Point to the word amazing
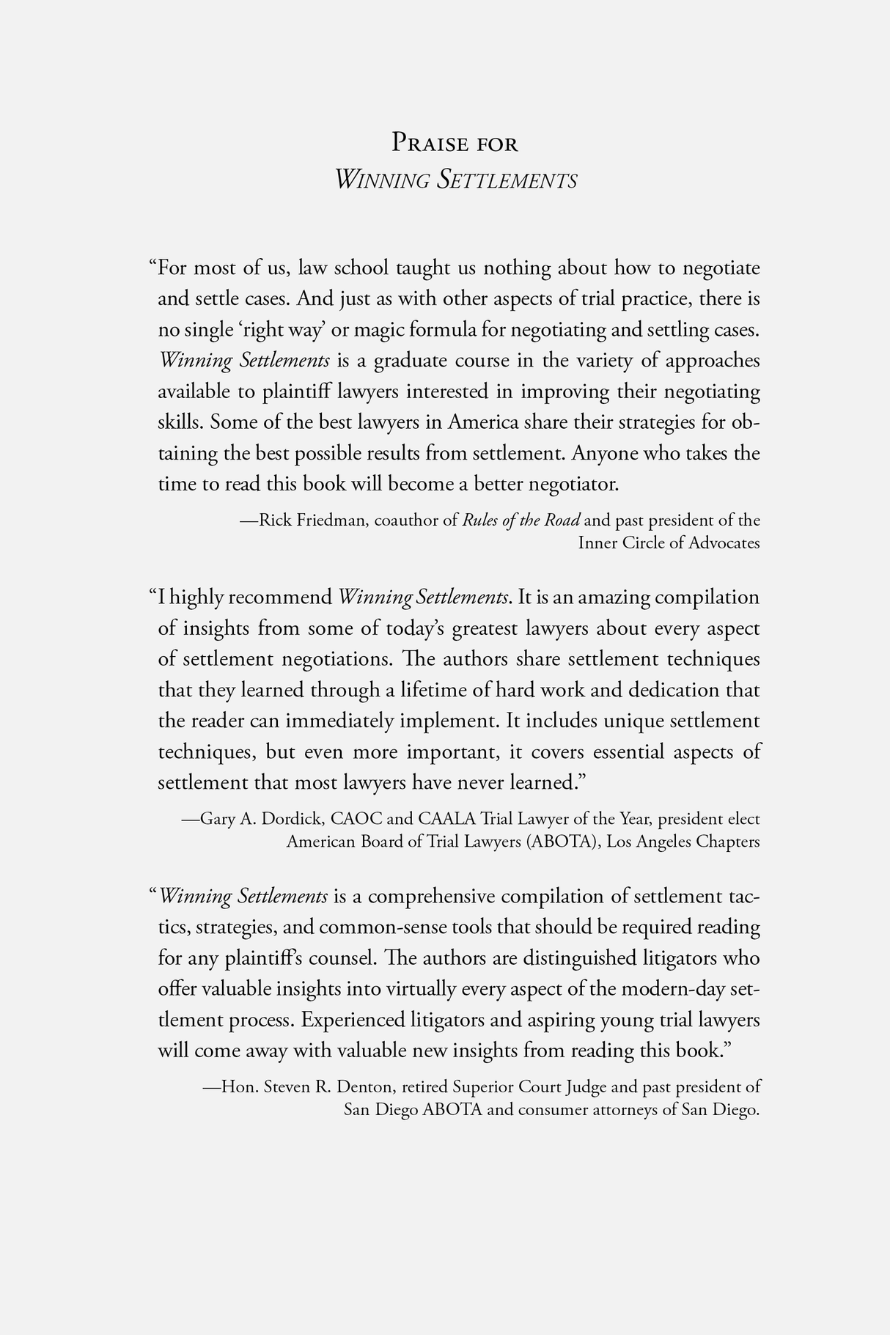pos(615,597)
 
